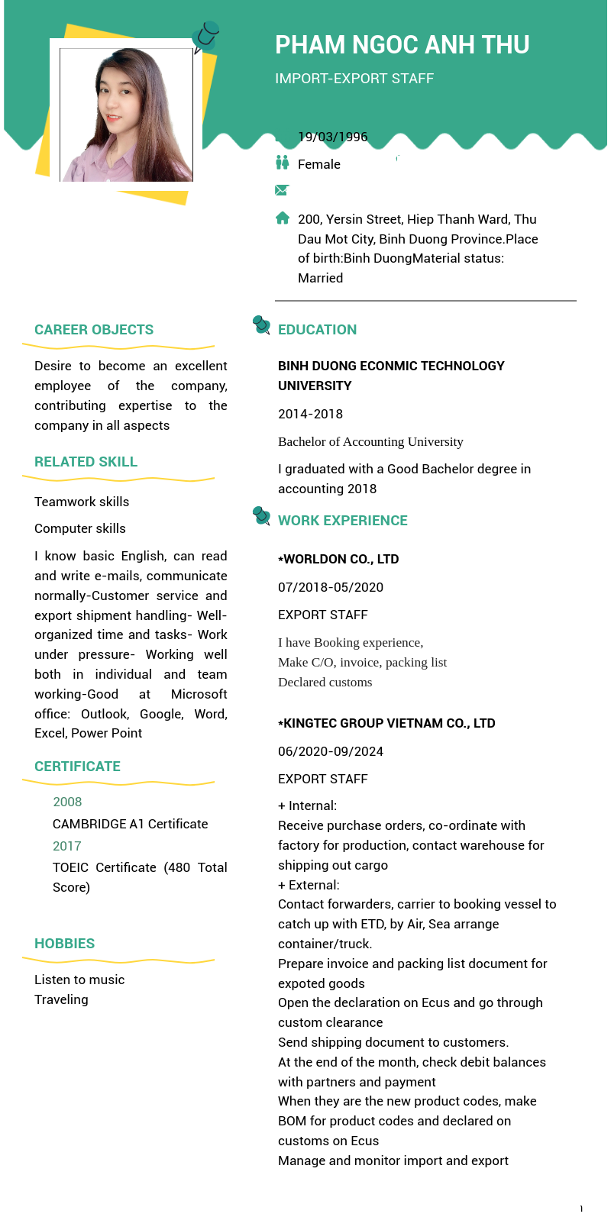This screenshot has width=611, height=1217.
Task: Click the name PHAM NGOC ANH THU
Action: (402, 45)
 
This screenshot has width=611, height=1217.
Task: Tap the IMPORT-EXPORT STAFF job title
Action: (354, 79)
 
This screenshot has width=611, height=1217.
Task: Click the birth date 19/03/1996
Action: (332, 137)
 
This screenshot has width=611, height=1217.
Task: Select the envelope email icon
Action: (282, 190)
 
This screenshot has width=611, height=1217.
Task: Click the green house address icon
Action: (283, 218)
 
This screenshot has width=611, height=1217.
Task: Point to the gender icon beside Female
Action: (283, 163)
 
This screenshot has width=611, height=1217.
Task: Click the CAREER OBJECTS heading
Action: (94, 330)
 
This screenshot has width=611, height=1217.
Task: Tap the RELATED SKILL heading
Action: (86, 462)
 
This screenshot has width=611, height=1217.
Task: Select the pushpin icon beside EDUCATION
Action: (261, 325)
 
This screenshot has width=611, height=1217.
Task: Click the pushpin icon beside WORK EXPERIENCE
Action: (261, 516)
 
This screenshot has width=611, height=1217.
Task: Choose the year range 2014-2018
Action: (310, 414)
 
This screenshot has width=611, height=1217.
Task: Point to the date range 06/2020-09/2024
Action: (331, 751)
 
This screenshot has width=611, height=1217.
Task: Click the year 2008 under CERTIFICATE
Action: (67, 802)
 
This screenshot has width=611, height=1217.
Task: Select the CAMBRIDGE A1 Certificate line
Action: (130, 824)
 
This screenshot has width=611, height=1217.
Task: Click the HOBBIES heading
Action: (65, 944)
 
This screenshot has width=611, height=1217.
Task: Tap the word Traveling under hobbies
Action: (61, 999)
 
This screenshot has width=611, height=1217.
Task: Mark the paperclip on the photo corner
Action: (205, 35)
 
